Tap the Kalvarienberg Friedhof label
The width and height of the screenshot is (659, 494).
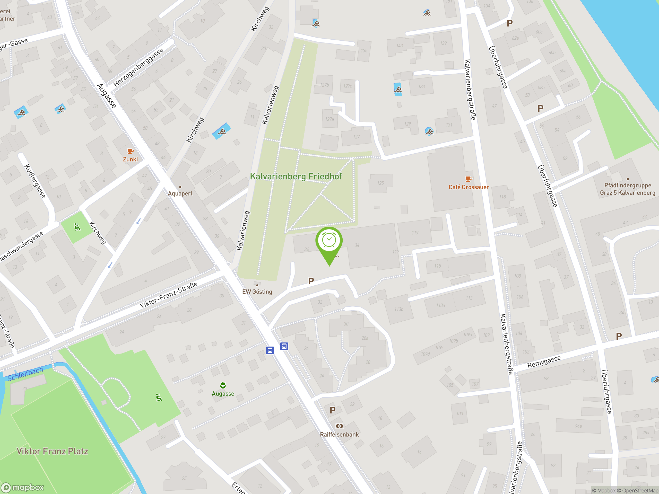(296, 176)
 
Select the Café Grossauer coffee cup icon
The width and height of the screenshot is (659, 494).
(468, 179)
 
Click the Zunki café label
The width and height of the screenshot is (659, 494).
(131, 159)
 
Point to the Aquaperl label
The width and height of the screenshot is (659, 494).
(180, 193)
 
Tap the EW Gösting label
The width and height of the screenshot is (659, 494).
(257, 292)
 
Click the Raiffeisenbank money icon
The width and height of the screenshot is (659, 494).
(339, 426)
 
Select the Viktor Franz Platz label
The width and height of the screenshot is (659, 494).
(52, 451)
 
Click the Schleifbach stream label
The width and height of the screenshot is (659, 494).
(25, 374)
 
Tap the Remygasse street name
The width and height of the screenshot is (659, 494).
(544, 361)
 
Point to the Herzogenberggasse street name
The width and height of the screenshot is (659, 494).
(138, 67)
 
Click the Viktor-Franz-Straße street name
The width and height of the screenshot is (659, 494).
(168, 295)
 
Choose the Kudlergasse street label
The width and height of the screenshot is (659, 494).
(35, 181)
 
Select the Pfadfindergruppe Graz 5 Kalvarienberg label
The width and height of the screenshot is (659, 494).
(627, 189)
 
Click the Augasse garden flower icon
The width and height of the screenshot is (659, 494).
(223, 385)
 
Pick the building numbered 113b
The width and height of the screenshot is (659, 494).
(398, 309)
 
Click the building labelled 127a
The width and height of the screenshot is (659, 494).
(329, 119)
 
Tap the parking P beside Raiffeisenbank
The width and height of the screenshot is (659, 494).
(333, 410)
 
